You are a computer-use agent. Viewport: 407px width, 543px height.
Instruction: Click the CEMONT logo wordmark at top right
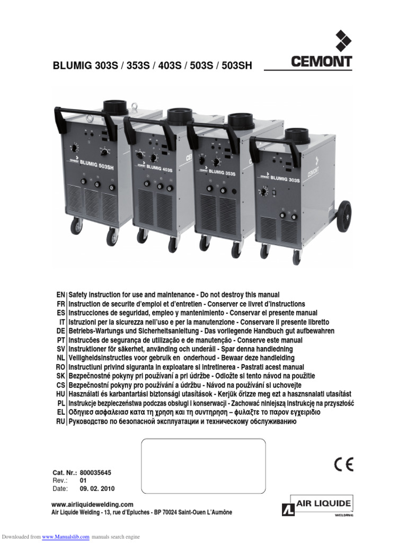click(321, 62)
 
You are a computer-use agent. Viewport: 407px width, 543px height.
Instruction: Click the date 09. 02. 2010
click(97, 488)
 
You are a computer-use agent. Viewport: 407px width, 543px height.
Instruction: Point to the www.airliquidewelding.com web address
click(92, 504)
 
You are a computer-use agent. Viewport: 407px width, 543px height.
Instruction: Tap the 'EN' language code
click(60, 294)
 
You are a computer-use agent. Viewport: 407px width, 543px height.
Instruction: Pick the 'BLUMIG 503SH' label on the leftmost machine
click(96, 165)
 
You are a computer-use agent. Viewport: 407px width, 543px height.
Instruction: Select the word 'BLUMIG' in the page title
click(73, 66)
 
